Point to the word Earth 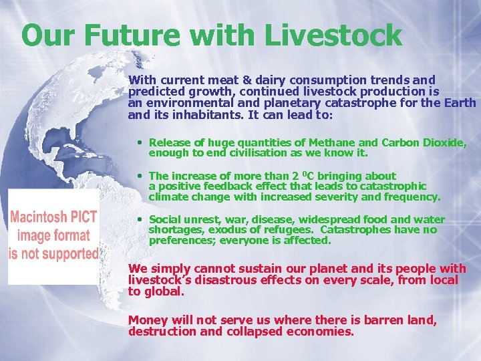(x=460, y=102)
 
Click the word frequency (x=414, y=197)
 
